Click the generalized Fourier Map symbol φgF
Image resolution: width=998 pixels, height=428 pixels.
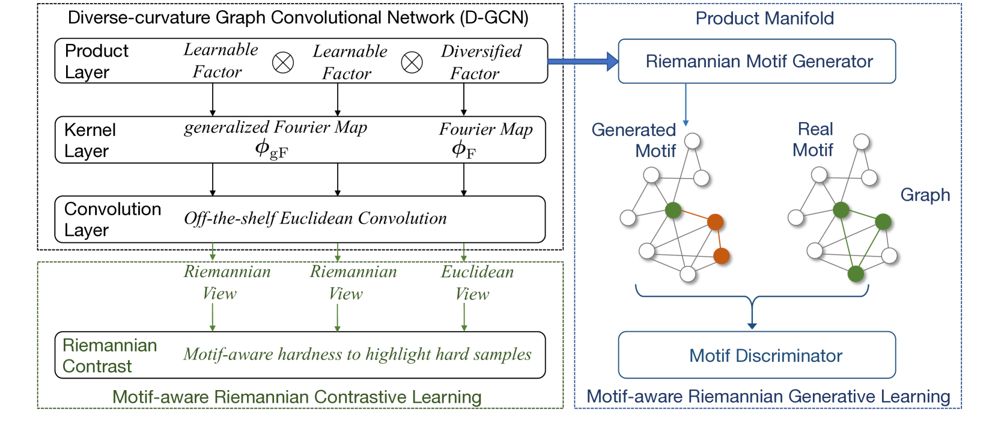pos(271,148)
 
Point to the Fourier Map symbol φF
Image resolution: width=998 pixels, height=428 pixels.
pos(464,149)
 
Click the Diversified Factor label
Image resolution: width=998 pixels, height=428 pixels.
pos(480,62)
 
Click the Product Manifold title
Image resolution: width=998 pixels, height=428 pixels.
pos(764,18)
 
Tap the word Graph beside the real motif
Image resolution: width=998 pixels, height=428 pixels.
pos(925,195)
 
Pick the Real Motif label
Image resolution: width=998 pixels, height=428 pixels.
pos(814,139)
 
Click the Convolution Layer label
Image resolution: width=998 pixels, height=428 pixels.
pos(112,219)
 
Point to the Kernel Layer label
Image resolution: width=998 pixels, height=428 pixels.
pos(90,140)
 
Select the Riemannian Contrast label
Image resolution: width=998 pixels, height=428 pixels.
pos(109,355)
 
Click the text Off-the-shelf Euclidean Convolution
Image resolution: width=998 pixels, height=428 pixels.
pos(315,219)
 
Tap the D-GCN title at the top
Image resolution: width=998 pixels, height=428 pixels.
pos(298,17)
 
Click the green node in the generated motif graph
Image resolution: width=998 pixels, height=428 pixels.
pos(673,210)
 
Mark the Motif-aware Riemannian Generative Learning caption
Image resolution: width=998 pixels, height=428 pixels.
pos(768,397)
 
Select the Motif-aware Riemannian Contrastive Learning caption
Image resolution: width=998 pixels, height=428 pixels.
pos(297,397)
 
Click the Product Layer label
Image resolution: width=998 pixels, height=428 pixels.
pos(96,61)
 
